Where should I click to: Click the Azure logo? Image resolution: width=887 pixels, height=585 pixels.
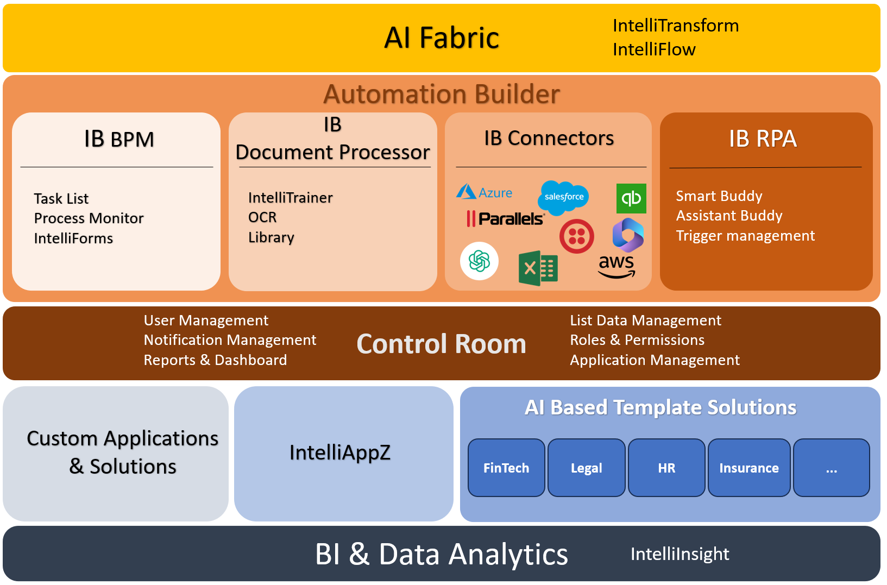click(484, 192)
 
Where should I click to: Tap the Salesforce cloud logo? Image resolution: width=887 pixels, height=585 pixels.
click(563, 196)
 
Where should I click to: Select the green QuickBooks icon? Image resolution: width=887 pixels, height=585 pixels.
click(631, 198)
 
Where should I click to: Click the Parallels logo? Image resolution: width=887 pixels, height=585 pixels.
click(505, 219)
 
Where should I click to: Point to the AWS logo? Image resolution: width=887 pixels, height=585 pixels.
click(616, 266)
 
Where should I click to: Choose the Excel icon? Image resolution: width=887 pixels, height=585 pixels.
click(538, 268)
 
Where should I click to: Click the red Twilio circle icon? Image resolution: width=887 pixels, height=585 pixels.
click(576, 236)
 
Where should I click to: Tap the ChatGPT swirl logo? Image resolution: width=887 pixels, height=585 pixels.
click(479, 261)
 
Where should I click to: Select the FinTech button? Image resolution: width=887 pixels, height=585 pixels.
click(506, 468)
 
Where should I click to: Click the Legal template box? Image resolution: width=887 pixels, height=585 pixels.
click(586, 468)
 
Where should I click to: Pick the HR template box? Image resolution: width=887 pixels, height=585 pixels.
click(666, 468)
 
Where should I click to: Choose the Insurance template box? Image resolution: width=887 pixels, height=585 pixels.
click(748, 468)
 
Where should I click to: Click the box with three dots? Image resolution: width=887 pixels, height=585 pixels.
click(831, 468)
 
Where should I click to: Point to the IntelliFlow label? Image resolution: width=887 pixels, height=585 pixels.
click(654, 49)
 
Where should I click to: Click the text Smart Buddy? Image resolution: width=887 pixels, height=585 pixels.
click(719, 196)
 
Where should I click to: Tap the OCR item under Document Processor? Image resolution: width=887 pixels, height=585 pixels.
click(262, 217)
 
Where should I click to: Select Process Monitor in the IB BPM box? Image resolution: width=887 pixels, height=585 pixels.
click(89, 218)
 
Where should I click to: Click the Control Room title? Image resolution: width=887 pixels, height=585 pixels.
click(441, 344)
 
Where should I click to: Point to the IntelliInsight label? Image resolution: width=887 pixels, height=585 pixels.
click(680, 554)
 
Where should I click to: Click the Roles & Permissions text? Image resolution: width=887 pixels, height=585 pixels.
click(637, 340)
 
